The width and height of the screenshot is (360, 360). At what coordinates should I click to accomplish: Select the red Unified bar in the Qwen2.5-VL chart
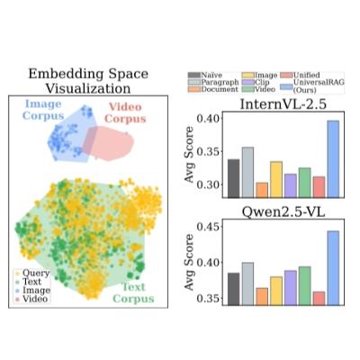tap(319, 297)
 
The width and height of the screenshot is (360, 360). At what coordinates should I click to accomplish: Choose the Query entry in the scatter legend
tap(33, 271)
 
